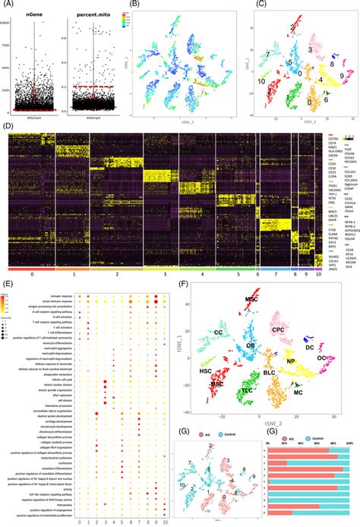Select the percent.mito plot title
pyautogui.click(x=90, y=14)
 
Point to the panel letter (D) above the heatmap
pyautogui.click(x=7, y=124)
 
